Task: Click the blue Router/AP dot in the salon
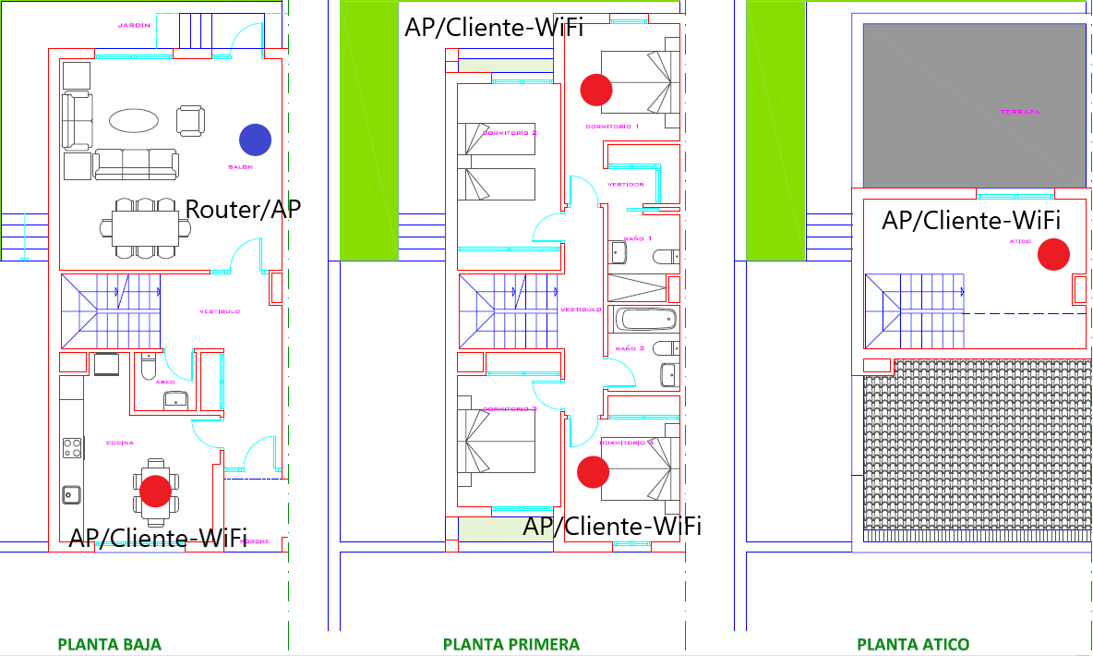tap(255, 140)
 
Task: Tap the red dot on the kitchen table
tap(155, 491)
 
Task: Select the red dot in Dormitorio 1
tap(596, 90)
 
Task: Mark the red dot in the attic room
tap(1053, 254)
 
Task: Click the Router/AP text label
tap(244, 209)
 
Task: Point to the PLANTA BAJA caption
tap(109, 644)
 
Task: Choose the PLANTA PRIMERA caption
tap(511, 644)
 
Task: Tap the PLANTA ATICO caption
tap(913, 644)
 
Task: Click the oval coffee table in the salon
tap(134, 120)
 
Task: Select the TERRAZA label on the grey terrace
tap(1020, 112)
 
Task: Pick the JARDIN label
tap(134, 25)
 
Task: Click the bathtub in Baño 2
tap(645, 320)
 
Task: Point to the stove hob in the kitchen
tap(72, 448)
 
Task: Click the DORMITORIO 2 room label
tap(510, 133)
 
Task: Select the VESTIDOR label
tap(625, 184)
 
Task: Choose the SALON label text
tap(240, 167)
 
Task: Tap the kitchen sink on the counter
tap(71, 495)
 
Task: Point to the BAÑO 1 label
tap(638, 238)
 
